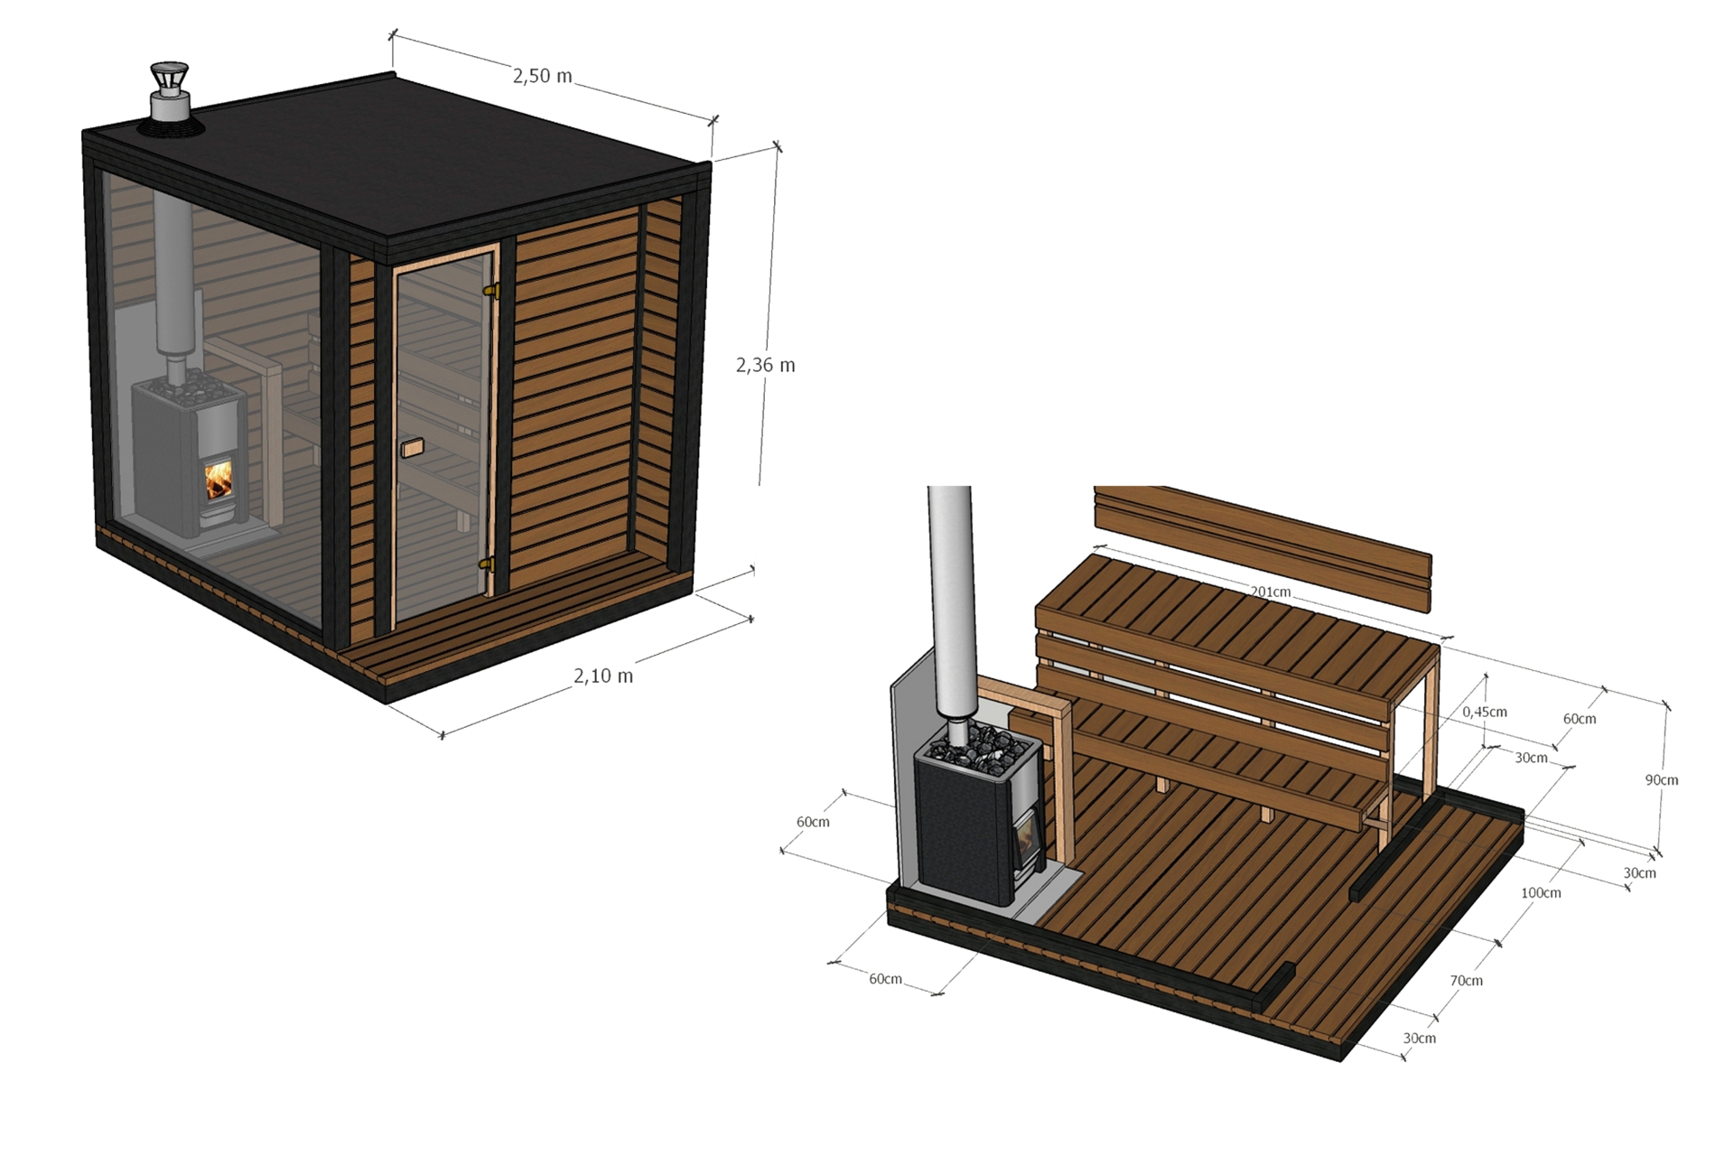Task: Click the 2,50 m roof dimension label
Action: [542, 76]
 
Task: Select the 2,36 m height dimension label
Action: [765, 365]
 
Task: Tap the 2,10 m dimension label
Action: [603, 676]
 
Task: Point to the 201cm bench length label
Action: [1270, 592]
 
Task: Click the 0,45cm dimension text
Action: [1485, 712]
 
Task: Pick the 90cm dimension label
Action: [1661, 779]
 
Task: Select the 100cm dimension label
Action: [1541, 892]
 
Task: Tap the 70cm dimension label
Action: [1466, 980]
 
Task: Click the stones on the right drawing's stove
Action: [980, 748]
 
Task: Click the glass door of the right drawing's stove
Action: [1027, 835]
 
